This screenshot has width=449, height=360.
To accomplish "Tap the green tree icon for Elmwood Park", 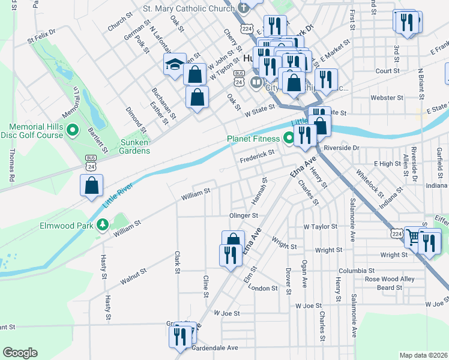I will point(103,226).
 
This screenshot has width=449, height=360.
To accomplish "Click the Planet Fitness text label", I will point(253,139).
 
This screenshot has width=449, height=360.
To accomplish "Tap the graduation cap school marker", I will point(174,64).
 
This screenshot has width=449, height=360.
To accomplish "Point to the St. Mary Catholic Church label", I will point(188,8).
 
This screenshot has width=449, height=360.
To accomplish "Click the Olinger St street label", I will point(243,215).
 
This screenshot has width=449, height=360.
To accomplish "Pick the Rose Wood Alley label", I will point(390,279).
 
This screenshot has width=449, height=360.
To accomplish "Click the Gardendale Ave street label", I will point(215,347).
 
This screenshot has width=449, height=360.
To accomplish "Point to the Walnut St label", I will point(133,276).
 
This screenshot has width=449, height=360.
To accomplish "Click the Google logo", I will point(20,352).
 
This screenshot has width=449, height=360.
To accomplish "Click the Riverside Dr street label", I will point(341,147).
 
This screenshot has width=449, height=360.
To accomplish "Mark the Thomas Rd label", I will point(11,164).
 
